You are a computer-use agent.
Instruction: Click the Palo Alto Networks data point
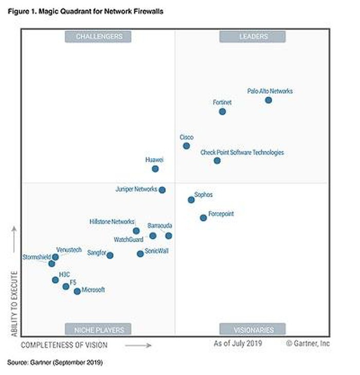(x=268, y=100)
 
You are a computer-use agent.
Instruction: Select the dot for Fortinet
(x=222, y=111)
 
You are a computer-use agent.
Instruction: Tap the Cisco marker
(x=186, y=146)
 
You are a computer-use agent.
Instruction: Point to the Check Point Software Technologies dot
(x=217, y=161)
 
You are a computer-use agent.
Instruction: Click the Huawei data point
(x=155, y=168)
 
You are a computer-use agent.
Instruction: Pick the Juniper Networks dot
(x=162, y=190)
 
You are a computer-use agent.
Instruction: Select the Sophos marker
(x=191, y=200)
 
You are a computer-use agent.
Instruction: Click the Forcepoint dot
(x=203, y=218)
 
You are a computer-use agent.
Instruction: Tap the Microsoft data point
(x=77, y=291)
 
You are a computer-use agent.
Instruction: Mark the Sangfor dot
(x=110, y=255)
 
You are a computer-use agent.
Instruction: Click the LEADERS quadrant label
(x=252, y=36)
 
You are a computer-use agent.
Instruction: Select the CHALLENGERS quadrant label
(x=98, y=36)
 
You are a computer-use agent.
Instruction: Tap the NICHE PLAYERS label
(x=98, y=329)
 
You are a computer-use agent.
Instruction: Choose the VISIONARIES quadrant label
(x=252, y=329)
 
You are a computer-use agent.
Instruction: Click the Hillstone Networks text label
(x=112, y=222)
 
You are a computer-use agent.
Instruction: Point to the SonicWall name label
(x=156, y=251)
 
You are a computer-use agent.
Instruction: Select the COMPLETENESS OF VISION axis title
(x=64, y=345)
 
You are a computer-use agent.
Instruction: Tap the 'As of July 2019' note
(x=238, y=343)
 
